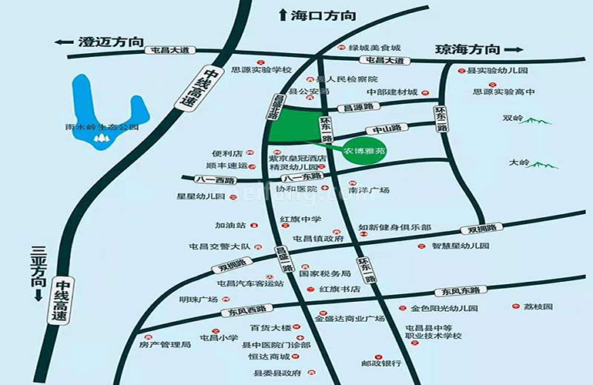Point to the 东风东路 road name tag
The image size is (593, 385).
455,291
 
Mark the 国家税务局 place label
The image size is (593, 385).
325,273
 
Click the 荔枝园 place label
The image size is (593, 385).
538,306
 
